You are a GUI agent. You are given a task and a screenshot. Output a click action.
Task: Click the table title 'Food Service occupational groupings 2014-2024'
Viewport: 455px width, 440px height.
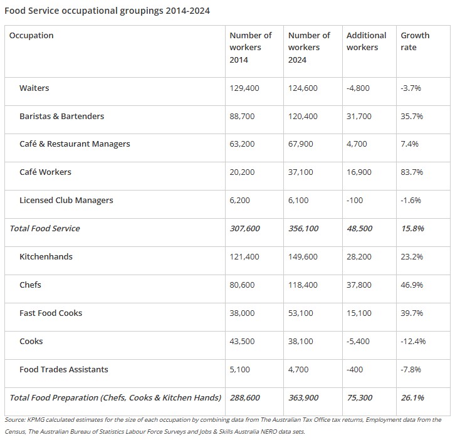[x=107, y=11]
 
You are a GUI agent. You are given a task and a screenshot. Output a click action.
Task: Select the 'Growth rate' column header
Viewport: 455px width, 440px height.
[x=415, y=41]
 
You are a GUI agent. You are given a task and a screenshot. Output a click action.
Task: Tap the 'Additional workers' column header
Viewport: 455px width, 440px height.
[x=366, y=41]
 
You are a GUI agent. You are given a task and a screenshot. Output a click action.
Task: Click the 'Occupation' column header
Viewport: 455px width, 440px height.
[x=31, y=36]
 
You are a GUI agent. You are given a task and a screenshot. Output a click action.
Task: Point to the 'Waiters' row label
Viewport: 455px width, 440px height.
[x=34, y=88]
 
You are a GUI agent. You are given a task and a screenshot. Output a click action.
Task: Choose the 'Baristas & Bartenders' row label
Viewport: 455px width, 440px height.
[x=61, y=117]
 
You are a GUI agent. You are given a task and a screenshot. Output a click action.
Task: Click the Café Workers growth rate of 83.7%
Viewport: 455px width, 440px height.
[x=412, y=172]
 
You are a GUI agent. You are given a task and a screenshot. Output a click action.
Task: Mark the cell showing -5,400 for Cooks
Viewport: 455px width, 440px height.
[x=358, y=342]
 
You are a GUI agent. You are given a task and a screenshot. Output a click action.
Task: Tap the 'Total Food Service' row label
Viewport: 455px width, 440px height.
[x=44, y=229]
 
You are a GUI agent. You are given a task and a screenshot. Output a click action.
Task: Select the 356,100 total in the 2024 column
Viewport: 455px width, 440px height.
[x=303, y=229]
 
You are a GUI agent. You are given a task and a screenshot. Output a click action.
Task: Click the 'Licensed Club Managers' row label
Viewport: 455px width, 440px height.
[x=66, y=201]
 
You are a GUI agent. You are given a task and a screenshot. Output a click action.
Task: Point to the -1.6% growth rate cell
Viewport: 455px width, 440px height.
[x=411, y=201]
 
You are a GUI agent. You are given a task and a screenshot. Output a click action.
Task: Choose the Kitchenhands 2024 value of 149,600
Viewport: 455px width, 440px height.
[x=303, y=257]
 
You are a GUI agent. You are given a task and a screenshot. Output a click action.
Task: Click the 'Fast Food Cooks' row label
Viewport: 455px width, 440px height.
[x=51, y=313]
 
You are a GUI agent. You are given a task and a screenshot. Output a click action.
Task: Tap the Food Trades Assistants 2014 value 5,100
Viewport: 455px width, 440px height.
[x=239, y=370]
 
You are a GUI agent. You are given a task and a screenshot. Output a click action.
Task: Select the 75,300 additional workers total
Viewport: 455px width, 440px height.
[x=359, y=398]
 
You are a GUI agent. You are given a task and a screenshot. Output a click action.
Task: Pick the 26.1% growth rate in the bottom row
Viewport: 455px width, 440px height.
[x=412, y=398]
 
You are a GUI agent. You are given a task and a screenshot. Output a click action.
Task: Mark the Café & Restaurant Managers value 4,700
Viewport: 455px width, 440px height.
[x=357, y=144]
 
